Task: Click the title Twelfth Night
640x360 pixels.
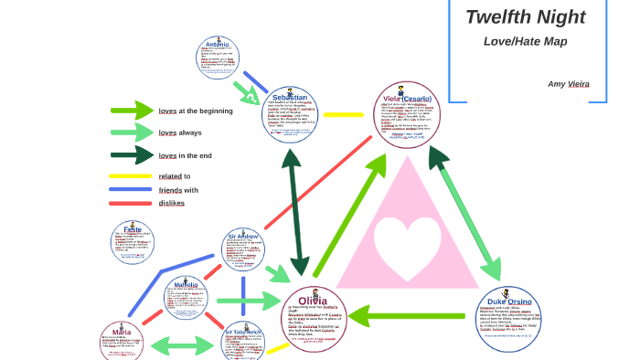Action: [525, 16]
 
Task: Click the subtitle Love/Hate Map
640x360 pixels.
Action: [525, 41]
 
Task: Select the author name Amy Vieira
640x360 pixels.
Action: [568, 83]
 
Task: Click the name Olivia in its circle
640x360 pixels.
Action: [307, 301]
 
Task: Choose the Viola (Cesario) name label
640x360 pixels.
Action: [409, 99]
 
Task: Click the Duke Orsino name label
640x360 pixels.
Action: [509, 302]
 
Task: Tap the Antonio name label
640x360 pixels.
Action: [218, 44]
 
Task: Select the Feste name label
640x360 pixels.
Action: [133, 228]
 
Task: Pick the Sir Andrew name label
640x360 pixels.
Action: [244, 237]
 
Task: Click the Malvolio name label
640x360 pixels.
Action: [186, 285]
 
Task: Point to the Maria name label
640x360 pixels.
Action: [122, 332]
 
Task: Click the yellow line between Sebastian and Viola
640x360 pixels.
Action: [344, 115]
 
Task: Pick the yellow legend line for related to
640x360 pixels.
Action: [130, 176]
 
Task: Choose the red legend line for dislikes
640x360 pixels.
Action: [130, 203]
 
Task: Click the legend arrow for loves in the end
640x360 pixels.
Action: [133, 155]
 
